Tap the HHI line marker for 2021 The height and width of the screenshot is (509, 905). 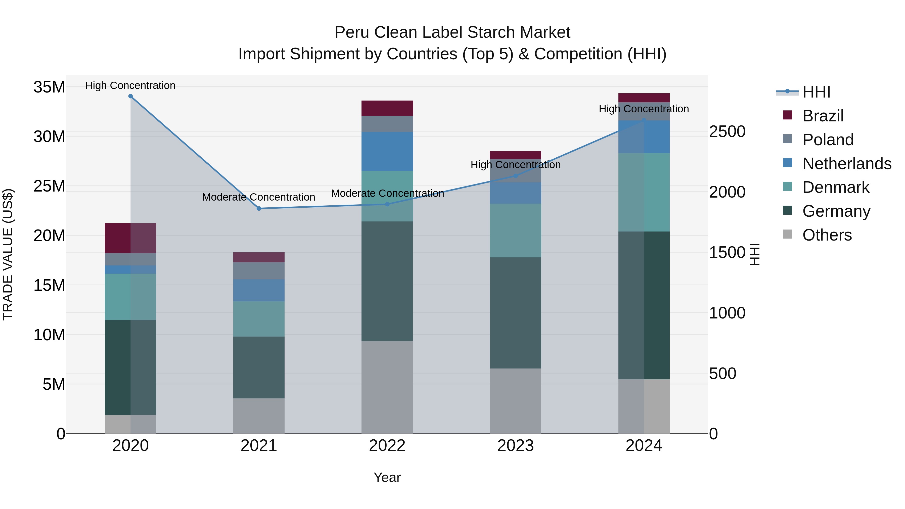tap(259, 209)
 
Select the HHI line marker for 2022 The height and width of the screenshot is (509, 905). tap(387, 204)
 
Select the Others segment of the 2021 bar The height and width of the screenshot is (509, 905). tap(259, 416)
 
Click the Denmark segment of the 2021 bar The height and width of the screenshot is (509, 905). tap(259, 319)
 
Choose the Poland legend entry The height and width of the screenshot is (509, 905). tap(828, 140)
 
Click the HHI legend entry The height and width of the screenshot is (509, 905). tap(816, 92)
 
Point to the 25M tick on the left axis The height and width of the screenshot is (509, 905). tap(49, 186)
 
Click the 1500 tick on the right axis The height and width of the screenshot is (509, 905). tap(727, 253)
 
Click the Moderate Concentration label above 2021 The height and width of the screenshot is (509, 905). tap(259, 197)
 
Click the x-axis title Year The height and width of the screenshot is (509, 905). tap(387, 477)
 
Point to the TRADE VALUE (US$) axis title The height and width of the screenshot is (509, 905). tap(8, 254)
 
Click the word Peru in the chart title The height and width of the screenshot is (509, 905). tap(351, 32)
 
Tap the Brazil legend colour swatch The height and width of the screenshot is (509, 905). tap(787, 115)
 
